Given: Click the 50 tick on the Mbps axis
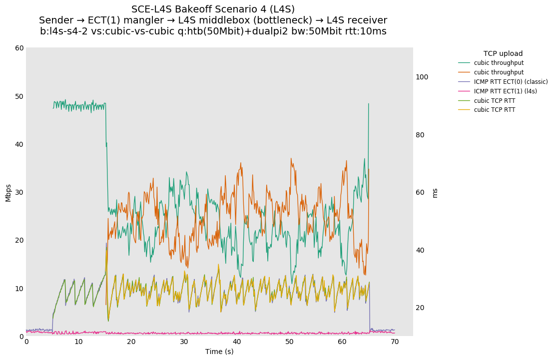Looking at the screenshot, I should [19, 96].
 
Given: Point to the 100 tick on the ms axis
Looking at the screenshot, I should [422, 77].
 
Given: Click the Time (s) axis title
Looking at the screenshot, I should [219, 352].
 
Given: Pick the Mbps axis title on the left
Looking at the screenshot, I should [8, 193].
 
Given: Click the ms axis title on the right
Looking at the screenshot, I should [435, 193].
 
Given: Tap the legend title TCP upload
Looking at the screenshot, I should [503, 53].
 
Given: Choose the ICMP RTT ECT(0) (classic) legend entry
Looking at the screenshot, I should [511, 82].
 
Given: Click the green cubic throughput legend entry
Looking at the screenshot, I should [499, 63].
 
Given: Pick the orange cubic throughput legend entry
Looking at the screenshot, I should [499, 72].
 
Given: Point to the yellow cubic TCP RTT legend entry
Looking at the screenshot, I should [494, 110].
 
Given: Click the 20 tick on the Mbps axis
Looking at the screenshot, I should [19, 240].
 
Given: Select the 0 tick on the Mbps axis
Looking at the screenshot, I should [21, 337].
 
